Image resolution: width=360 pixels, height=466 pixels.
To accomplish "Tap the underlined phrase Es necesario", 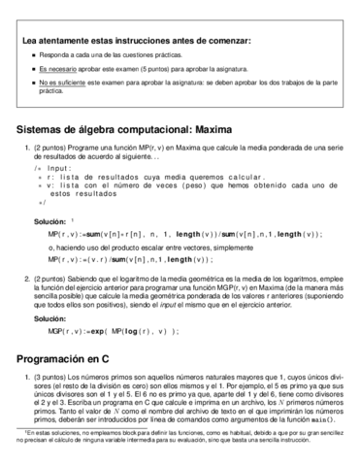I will pyautogui.click(x=56, y=70).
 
